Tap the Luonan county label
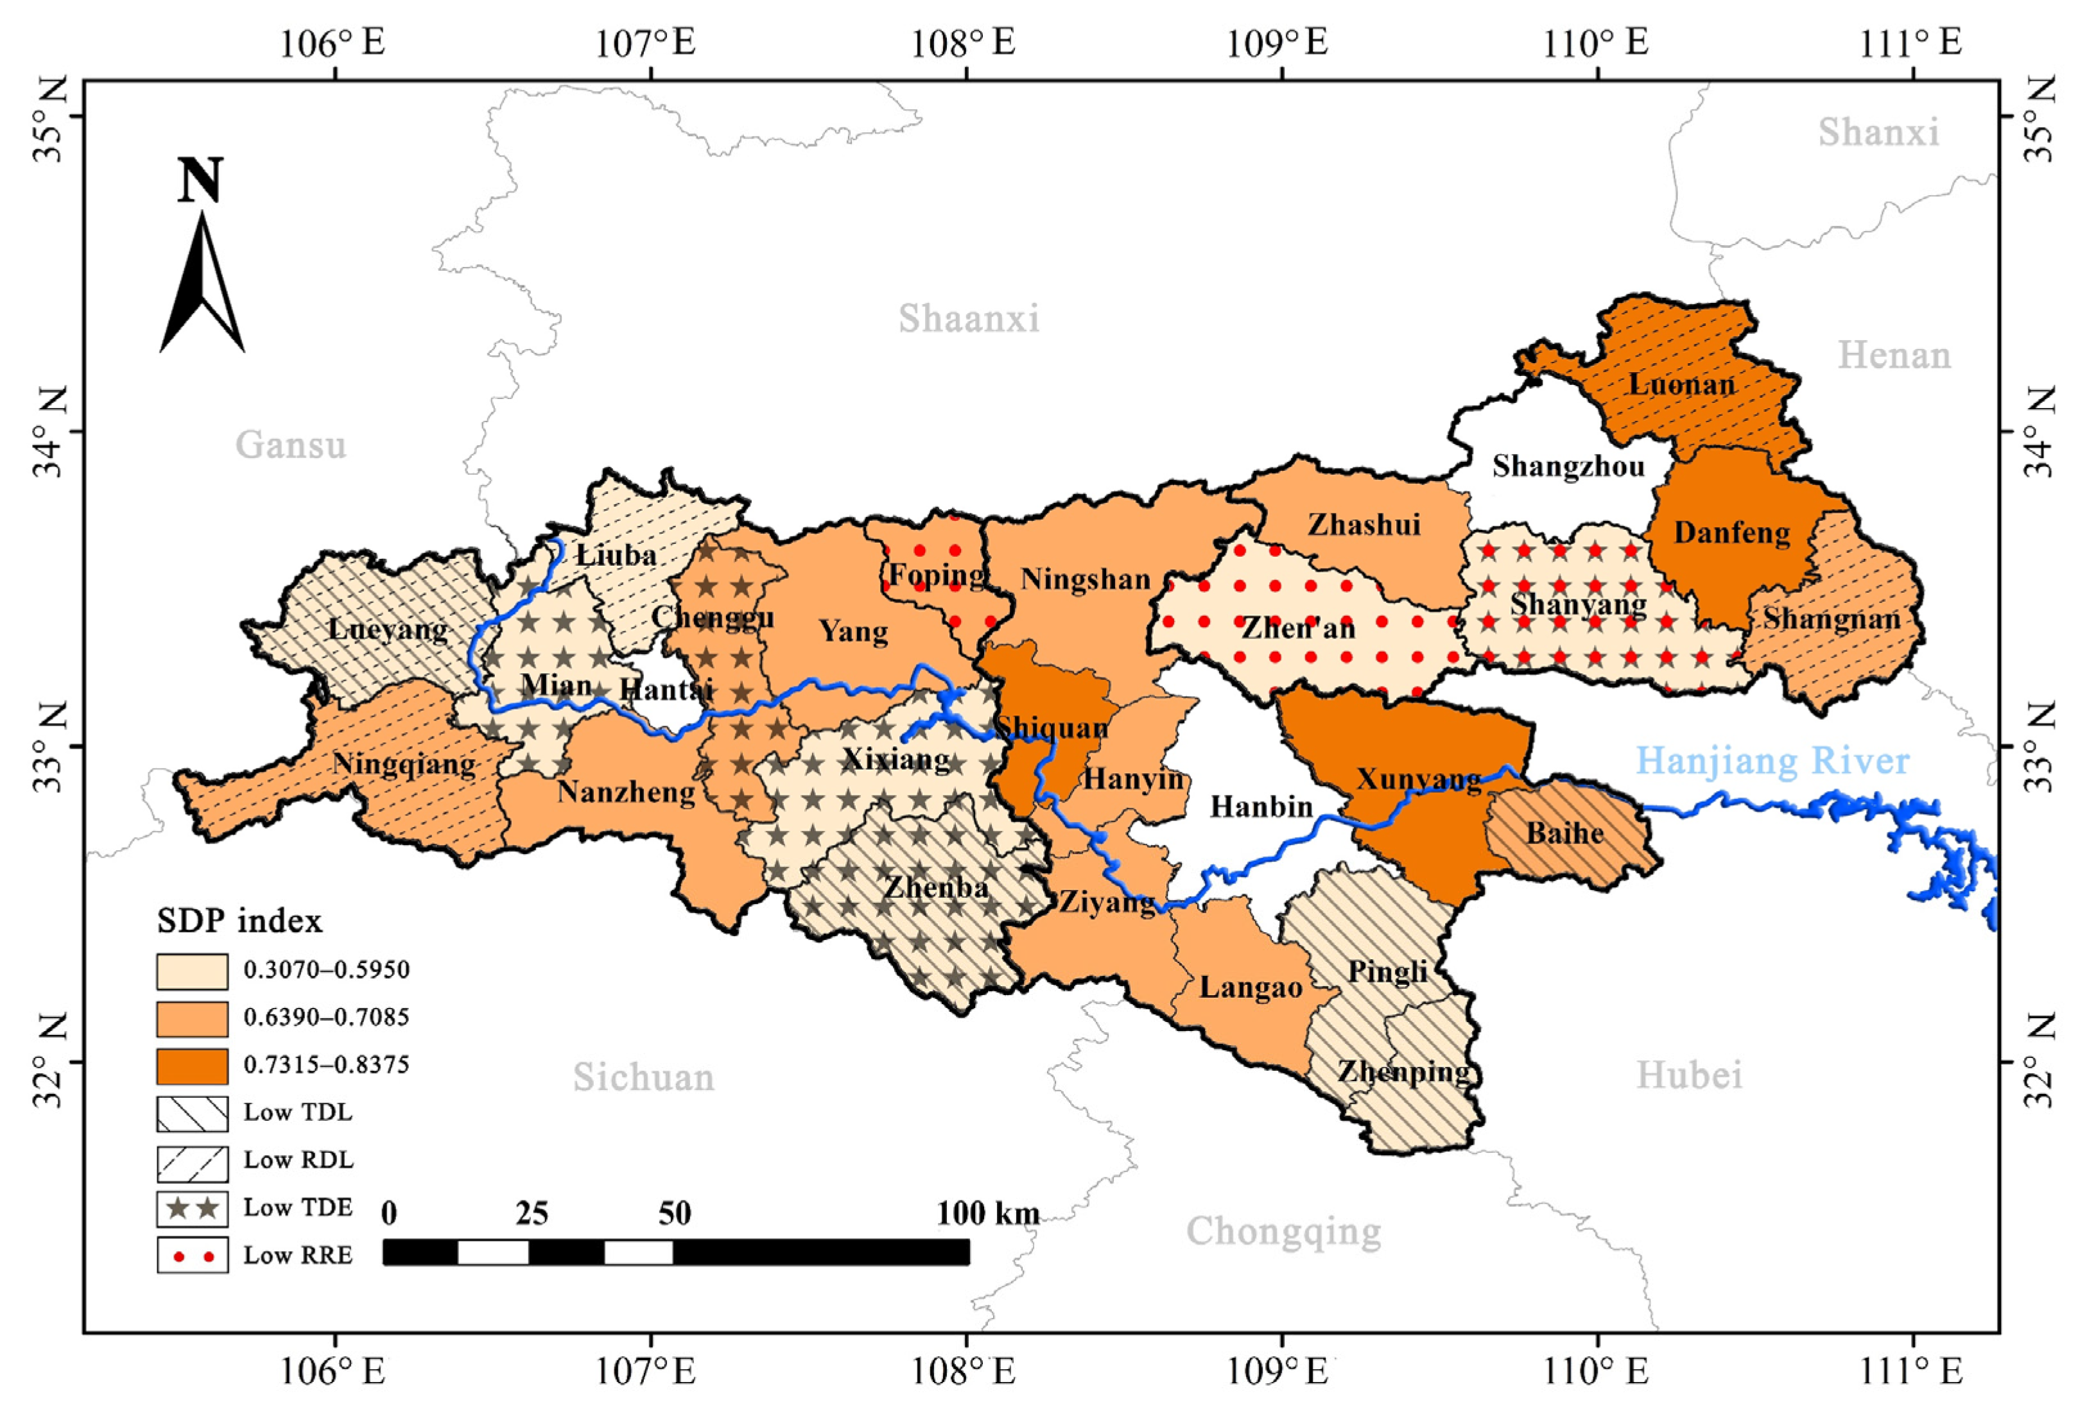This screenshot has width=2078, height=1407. click(1681, 385)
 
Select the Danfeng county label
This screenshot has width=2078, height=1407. click(1732, 533)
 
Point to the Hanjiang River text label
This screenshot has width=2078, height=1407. click(1772, 762)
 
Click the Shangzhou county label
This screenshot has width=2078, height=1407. click(1568, 466)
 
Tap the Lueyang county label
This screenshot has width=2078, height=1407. click(388, 629)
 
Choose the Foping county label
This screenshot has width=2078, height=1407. click(936, 575)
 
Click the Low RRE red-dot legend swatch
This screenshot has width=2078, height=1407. click(192, 1255)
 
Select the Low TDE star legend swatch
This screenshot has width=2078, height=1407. click(192, 1207)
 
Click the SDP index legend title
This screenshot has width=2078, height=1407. click(239, 921)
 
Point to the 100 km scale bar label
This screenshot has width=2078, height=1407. click(988, 1213)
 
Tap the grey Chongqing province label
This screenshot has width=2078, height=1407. click(1283, 1231)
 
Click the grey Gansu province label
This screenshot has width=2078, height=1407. click(291, 444)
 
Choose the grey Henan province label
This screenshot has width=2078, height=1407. click(1894, 356)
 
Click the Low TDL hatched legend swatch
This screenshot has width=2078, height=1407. click(192, 1114)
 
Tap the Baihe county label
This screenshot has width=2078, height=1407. click(1565, 833)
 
